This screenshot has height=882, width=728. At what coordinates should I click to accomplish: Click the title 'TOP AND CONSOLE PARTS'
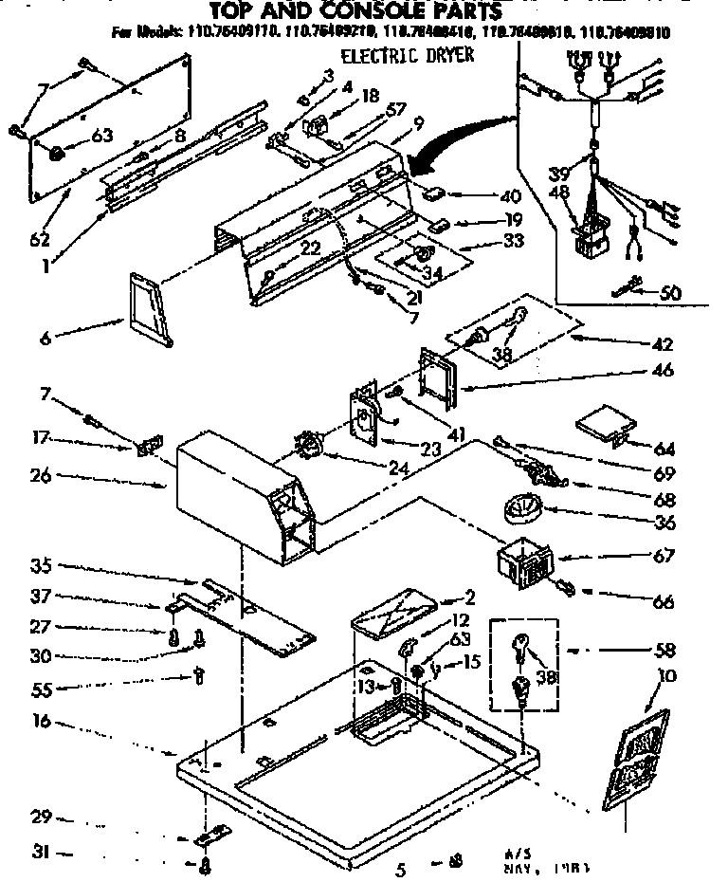pyautogui.click(x=356, y=11)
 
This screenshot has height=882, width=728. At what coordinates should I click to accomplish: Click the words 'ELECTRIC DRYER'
pyautogui.click(x=407, y=56)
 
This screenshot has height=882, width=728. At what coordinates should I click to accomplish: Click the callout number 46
pyautogui.click(x=664, y=371)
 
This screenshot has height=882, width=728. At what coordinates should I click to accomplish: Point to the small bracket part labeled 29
pyautogui.click(x=210, y=836)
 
